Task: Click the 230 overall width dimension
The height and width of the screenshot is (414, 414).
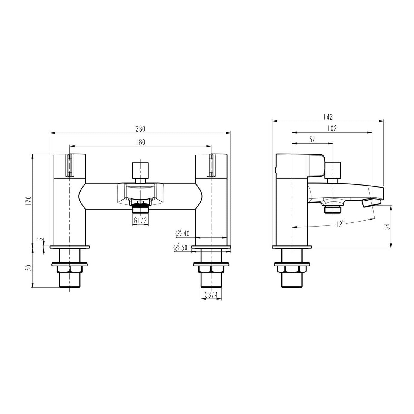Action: [x=140, y=129]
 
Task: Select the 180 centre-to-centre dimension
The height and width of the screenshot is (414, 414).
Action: [x=140, y=142]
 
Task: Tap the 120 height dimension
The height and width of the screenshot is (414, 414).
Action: [x=28, y=201]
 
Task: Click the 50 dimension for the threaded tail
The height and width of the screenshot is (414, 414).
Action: [x=28, y=267]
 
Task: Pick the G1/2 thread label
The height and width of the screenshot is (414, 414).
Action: [x=140, y=221]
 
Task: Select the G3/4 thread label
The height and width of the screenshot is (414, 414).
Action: [x=211, y=295]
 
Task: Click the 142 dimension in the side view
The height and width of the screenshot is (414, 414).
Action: [x=328, y=117]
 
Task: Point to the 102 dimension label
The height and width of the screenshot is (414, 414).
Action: [x=332, y=128]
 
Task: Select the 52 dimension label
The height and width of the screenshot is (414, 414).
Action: [x=312, y=140]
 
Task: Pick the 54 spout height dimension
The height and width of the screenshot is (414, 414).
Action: [x=387, y=227]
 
